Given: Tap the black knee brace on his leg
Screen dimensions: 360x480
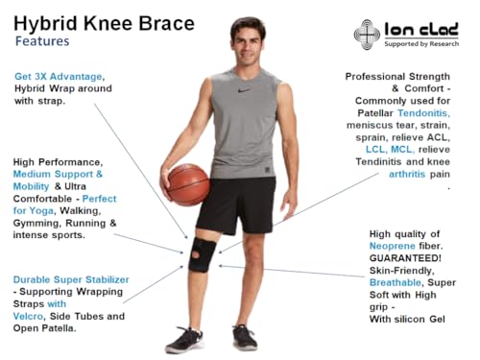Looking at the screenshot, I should [202, 252].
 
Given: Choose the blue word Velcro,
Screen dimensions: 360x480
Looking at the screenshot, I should [34, 316].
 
